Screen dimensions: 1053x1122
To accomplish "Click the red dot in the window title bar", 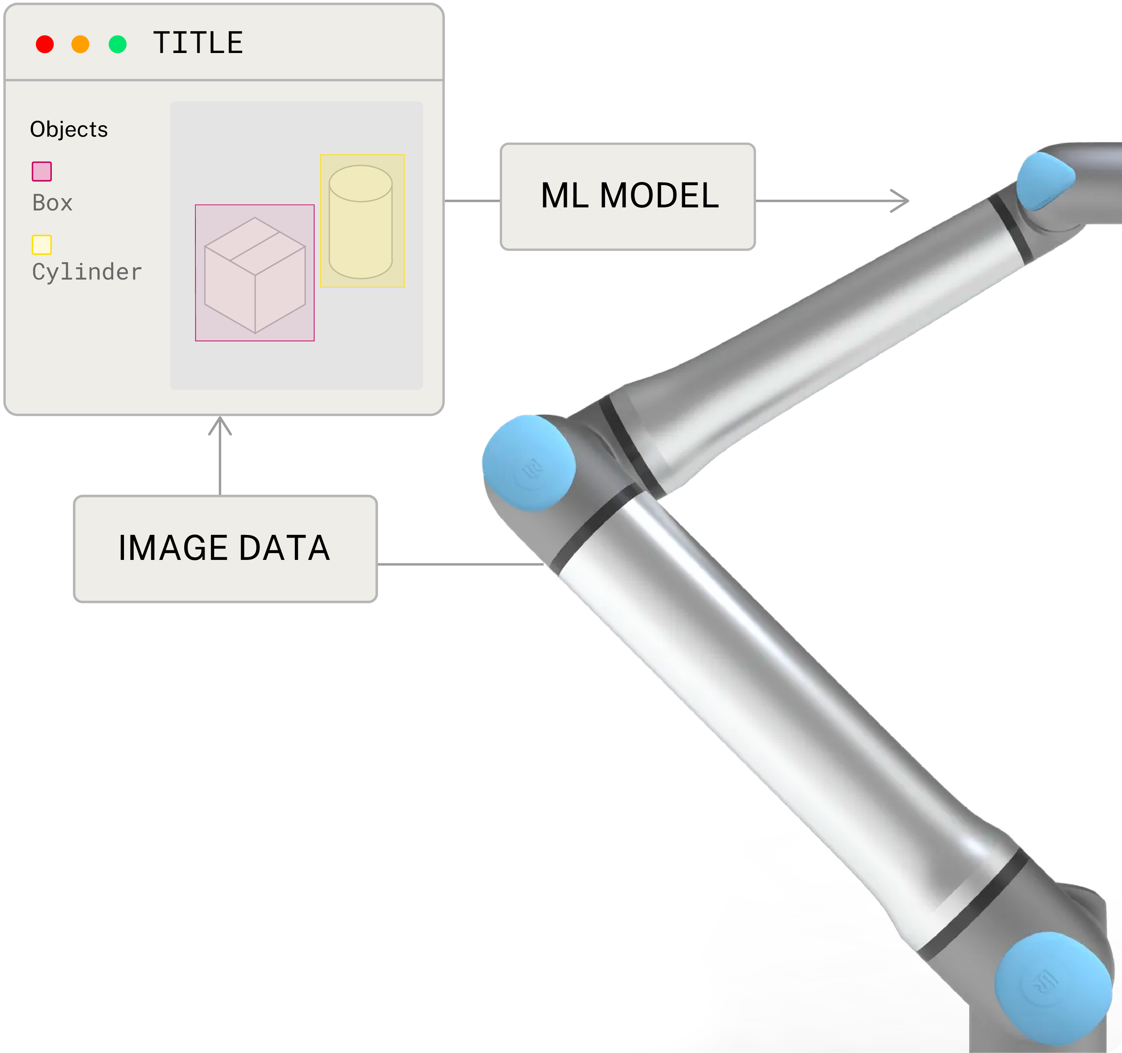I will [45, 44].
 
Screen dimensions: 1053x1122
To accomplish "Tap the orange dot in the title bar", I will [80, 44].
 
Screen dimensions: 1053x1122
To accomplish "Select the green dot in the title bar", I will [117, 44].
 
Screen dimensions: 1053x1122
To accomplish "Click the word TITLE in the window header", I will [198, 43].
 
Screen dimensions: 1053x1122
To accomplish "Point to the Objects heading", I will [69, 129].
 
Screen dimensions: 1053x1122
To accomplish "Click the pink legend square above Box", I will [42, 171].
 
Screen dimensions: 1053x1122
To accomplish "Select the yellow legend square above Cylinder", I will [42, 245].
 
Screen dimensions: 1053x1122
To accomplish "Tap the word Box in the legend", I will [53, 203].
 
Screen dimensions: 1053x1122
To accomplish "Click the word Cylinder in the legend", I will [87, 272].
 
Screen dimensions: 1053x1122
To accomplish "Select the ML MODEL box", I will [628, 197].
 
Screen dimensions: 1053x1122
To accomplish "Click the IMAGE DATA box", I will [225, 549].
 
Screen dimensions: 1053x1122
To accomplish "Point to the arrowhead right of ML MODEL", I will [901, 201].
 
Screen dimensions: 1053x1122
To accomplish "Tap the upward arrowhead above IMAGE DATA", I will [220, 425].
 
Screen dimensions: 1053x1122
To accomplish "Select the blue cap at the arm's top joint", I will [1045, 180].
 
